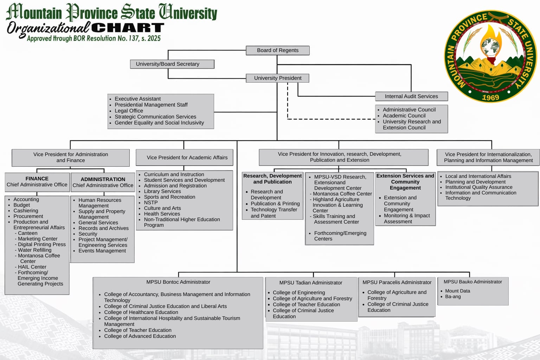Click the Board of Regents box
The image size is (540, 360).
tap(277, 50)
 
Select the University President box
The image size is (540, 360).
tap(277, 78)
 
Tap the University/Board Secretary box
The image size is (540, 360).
tap(172, 64)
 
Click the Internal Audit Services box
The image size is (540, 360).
tap(411, 96)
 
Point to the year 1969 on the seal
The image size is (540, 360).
tap(490, 97)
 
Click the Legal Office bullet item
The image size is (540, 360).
tap(129, 111)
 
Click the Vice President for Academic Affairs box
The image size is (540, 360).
tap(187, 157)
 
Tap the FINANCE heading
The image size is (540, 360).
tap(37, 179)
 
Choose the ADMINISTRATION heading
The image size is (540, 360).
tap(103, 179)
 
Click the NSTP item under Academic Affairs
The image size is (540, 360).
tap(150, 202)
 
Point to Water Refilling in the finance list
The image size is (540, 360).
tap(34, 250)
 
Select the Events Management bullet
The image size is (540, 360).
tap(102, 251)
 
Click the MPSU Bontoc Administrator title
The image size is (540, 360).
tap(178, 282)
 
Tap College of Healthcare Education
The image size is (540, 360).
tap(141, 312)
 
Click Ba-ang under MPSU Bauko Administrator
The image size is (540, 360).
tap(453, 297)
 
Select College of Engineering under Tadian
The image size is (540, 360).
tap(299, 292)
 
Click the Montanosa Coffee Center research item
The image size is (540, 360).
tap(342, 194)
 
